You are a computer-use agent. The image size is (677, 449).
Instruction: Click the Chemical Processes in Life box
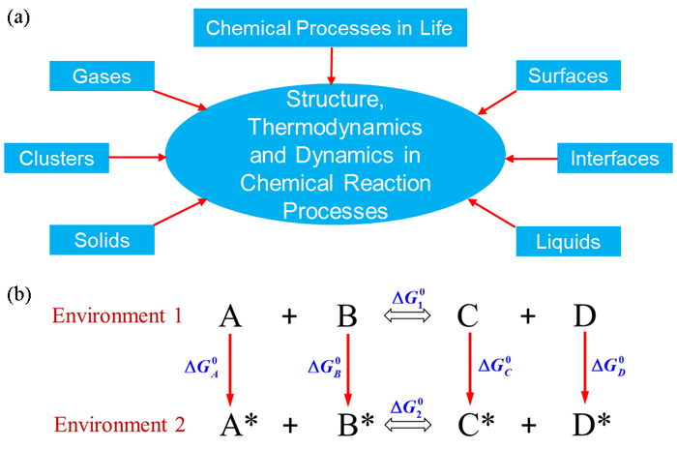[330, 28]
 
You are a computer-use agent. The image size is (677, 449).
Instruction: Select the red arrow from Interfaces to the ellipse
[530, 156]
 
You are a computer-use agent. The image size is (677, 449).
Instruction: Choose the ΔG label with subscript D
[610, 368]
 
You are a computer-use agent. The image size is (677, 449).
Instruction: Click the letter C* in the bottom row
[475, 424]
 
